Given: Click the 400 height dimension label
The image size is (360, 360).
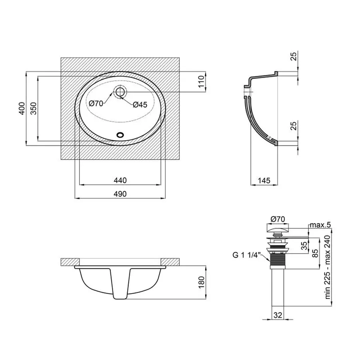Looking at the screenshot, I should [22, 108].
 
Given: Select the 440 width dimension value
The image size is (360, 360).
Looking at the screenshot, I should [120, 180].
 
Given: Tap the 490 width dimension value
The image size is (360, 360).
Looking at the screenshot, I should [120, 194].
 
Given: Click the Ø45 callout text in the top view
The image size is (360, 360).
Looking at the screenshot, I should [140, 104].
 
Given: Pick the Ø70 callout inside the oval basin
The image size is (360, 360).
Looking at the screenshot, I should [96, 103].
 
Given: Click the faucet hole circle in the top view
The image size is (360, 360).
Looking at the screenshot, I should [120, 92].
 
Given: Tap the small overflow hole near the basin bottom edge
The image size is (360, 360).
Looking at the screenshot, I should [120, 135].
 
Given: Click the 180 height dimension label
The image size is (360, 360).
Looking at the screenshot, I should [201, 282].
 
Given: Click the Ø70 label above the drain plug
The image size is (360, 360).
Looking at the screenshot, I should [278, 219].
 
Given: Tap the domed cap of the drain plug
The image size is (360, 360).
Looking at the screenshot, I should [278, 228].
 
